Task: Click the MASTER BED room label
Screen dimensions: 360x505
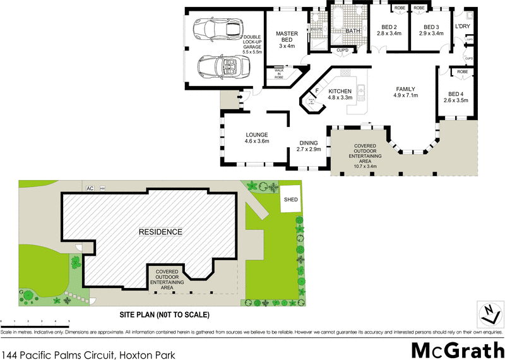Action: pyautogui.click(x=287, y=37)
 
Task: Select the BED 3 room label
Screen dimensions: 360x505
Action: pyautogui.click(x=431, y=27)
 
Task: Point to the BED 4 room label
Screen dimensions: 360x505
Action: pyautogui.click(x=456, y=93)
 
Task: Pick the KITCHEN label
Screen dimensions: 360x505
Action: pyautogui.click(x=340, y=92)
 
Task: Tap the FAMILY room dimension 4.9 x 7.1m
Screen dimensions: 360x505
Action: pyautogui.click(x=407, y=95)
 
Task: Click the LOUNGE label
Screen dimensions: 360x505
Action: pyautogui.click(x=257, y=135)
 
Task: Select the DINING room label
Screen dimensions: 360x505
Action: pyautogui.click(x=309, y=143)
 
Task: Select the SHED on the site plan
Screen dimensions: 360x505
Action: pyautogui.click(x=291, y=199)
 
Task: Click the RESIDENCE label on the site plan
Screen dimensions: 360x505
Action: pyautogui.click(x=160, y=232)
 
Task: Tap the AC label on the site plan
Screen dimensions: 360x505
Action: pyautogui.click(x=90, y=188)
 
